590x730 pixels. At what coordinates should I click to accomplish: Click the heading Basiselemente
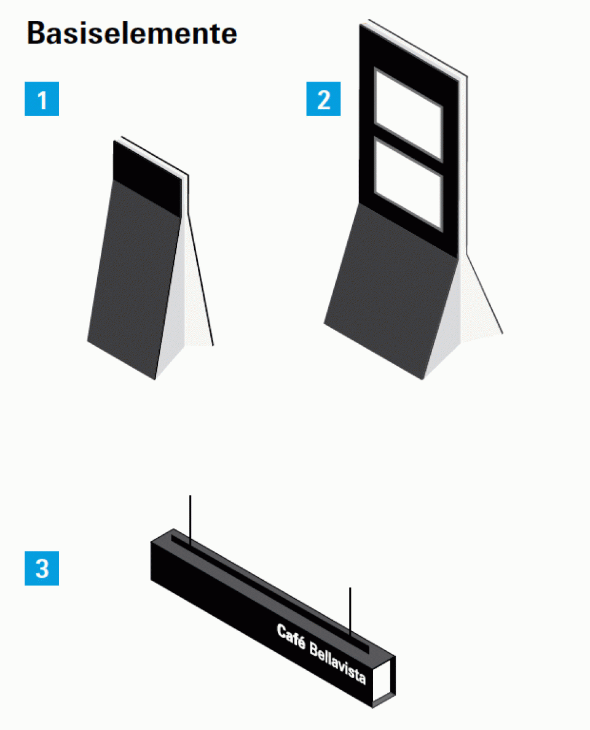(132, 34)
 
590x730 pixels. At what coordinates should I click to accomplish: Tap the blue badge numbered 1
(42, 99)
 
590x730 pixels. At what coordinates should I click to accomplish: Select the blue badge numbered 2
(323, 99)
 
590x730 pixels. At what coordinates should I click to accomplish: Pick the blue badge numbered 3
(42, 568)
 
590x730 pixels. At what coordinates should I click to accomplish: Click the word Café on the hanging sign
(291, 637)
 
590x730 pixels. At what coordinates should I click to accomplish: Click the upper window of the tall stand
(408, 114)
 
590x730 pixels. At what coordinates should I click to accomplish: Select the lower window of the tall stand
(408, 184)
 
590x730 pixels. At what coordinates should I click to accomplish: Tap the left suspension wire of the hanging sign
(190, 520)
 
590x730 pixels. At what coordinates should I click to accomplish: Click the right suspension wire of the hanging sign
(350, 612)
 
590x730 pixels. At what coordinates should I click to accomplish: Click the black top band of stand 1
(147, 178)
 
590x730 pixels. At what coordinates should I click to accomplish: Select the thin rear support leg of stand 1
(201, 279)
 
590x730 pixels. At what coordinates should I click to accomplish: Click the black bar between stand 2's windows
(408, 149)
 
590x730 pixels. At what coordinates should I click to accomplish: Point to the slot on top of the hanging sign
(270, 594)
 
